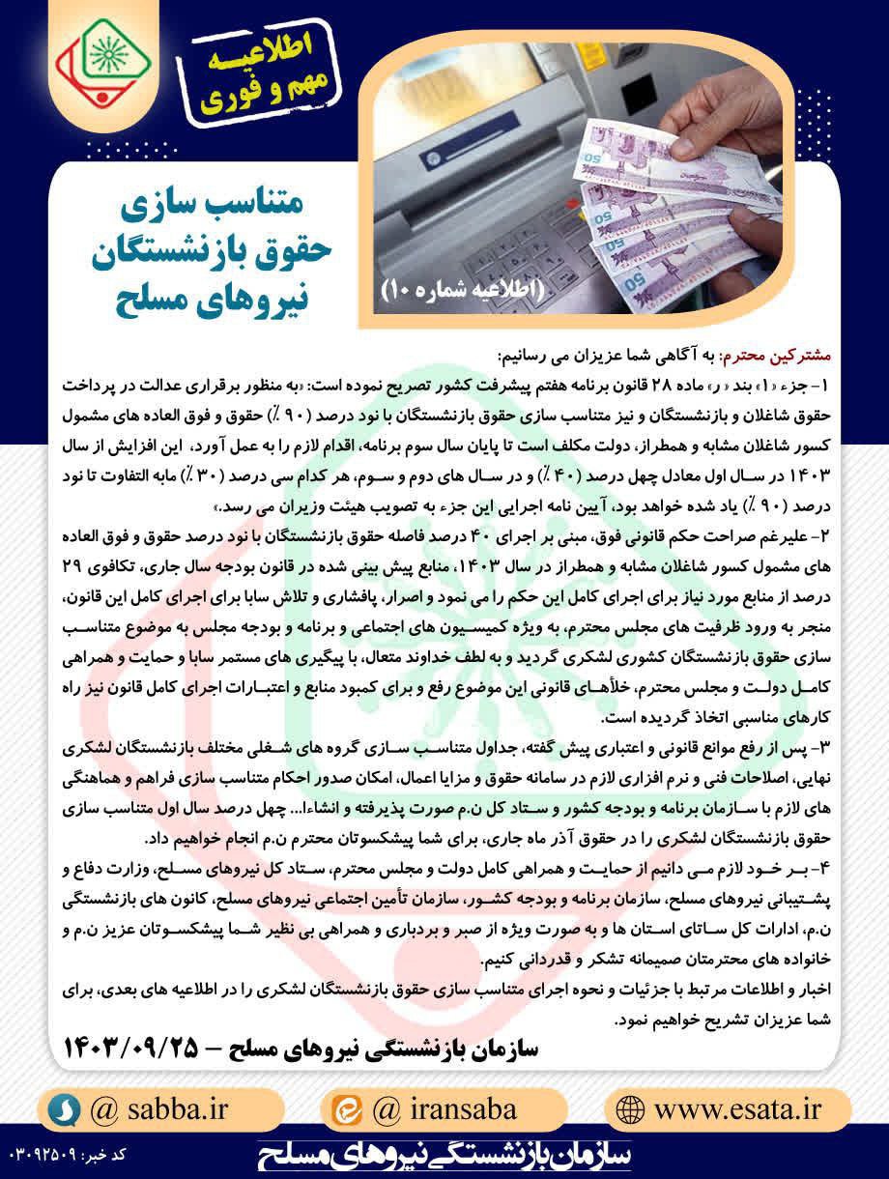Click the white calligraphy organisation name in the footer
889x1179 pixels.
coord(445,1155)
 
